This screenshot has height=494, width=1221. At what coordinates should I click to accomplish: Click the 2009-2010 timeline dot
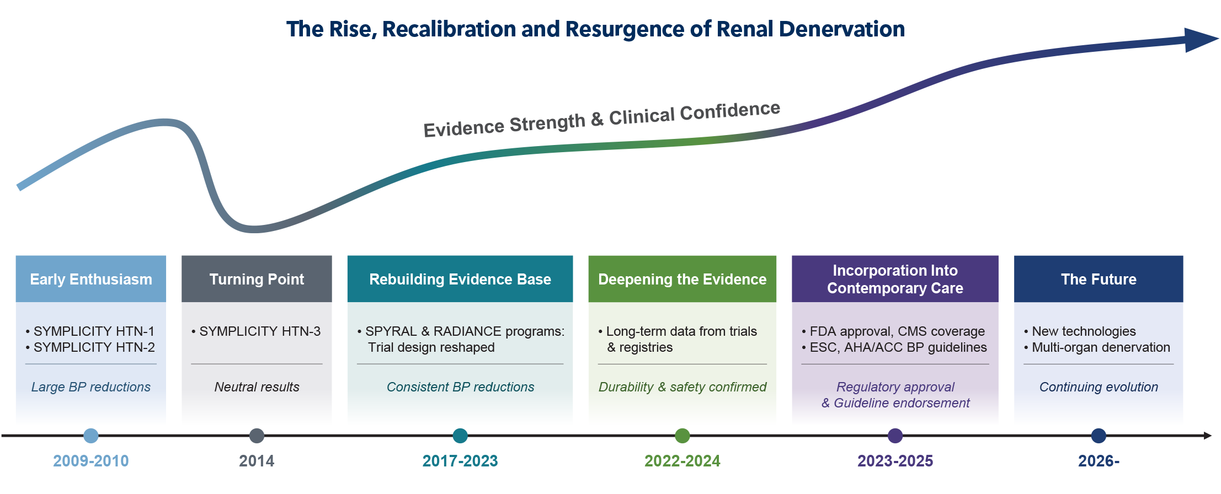pyautogui.click(x=91, y=436)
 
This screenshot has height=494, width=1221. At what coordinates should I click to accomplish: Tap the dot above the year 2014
pyautogui.click(x=257, y=436)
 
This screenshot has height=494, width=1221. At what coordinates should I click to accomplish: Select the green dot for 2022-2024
pyautogui.click(x=683, y=436)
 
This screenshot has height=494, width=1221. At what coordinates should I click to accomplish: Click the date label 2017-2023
pyautogui.click(x=460, y=461)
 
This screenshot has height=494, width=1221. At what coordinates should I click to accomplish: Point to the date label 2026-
pyautogui.click(x=1099, y=461)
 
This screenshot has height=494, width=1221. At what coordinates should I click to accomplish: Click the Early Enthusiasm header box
pyautogui.click(x=91, y=279)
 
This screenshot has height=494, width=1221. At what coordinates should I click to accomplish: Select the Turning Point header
pyautogui.click(x=257, y=279)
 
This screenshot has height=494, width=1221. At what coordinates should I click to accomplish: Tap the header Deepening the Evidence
pyautogui.click(x=682, y=279)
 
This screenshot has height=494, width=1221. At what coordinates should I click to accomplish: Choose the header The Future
pyautogui.click(x=1099, y=279)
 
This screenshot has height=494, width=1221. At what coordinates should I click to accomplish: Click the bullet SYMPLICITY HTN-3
pyautogui.click(x=259, y=331)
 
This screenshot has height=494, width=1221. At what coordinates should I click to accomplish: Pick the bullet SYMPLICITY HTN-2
pyautogui.click(x=94, y=347)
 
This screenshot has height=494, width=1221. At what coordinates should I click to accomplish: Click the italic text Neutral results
pyautogui.click(x=257, y=387)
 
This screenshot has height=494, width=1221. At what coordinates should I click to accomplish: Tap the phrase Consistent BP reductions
pyautogui.click(x=460, y=387)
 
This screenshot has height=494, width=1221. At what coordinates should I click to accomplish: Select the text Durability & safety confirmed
pyautogui.click(x=682, y=387)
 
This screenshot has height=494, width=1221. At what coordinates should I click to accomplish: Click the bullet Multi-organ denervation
pyautogui.click(x=1100, y=347)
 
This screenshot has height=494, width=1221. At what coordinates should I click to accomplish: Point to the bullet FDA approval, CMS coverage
pyautogui.click(x=897, y=331)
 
